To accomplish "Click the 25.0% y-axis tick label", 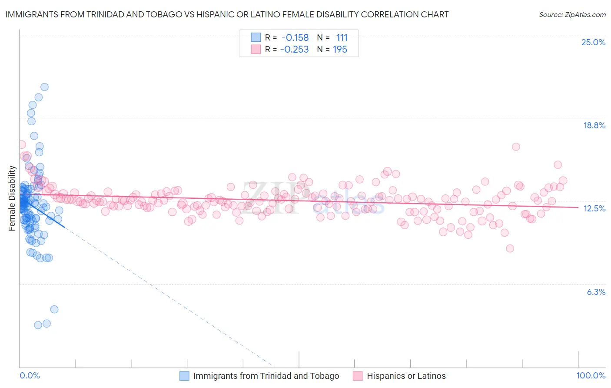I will click(x=593, y=42).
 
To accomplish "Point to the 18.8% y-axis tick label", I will click(x=594, y=125).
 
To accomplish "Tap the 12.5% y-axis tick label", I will click(x=594, y=208).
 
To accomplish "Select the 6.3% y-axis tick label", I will click(x=596, y=292).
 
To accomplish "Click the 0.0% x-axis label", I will click(x=30, y=375).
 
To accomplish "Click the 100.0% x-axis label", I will click(x=591, y=375).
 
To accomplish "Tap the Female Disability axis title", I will click(x=12, y=198).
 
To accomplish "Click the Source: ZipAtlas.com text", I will click(x=572, y=14).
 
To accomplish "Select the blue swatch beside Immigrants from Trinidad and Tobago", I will click(x=184, y=376).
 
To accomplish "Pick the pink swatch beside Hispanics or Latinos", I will click(x=358, y=376).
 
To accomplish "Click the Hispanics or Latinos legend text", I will click(x=406, y=376).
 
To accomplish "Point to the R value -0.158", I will click(x=295, y=38).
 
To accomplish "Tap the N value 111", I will click(x=342, y=38).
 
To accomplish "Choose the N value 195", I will click(x=340, y=50).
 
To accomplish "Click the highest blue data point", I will click(x=44, y=87).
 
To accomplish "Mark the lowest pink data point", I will click(x=510, y=248).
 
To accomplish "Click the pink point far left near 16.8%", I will click(x=21, y=145).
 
